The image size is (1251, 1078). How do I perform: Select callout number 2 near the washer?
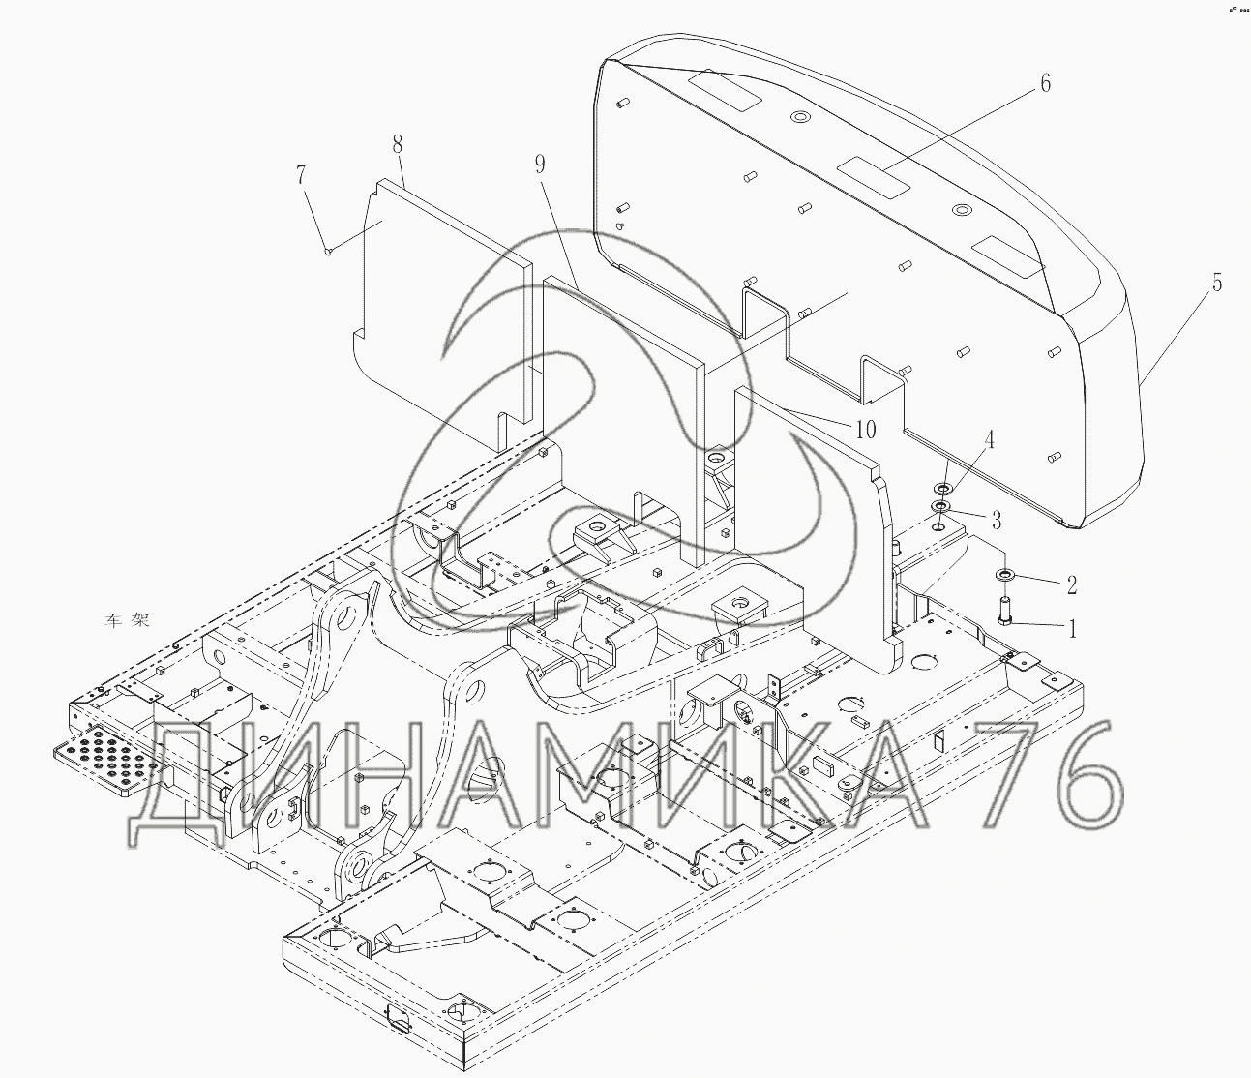1071,584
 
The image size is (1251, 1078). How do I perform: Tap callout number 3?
997,520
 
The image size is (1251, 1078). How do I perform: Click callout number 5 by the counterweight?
1216,283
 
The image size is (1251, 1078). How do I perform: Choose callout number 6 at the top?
1045,83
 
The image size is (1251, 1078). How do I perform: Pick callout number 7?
301,175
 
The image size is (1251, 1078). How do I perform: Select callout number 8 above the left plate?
397,145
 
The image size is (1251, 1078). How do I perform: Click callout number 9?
541,164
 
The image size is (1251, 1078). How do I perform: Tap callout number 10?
866,430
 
